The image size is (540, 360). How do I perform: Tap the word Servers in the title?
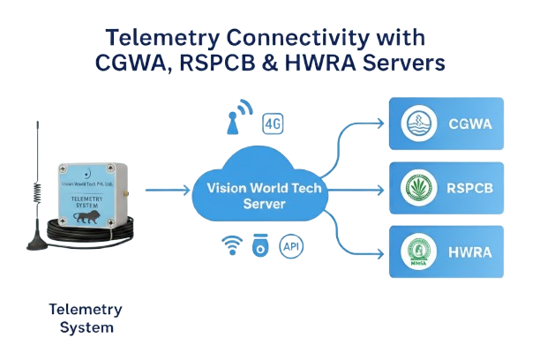coord(395,64)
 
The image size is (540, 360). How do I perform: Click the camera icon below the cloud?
coord(260,244)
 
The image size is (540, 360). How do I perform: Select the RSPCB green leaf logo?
coord(416,188)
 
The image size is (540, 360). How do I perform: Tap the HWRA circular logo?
coord(416,251)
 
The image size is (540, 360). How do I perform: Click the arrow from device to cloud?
coord(168,189)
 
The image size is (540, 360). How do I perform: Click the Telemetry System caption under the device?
coord(86,319)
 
